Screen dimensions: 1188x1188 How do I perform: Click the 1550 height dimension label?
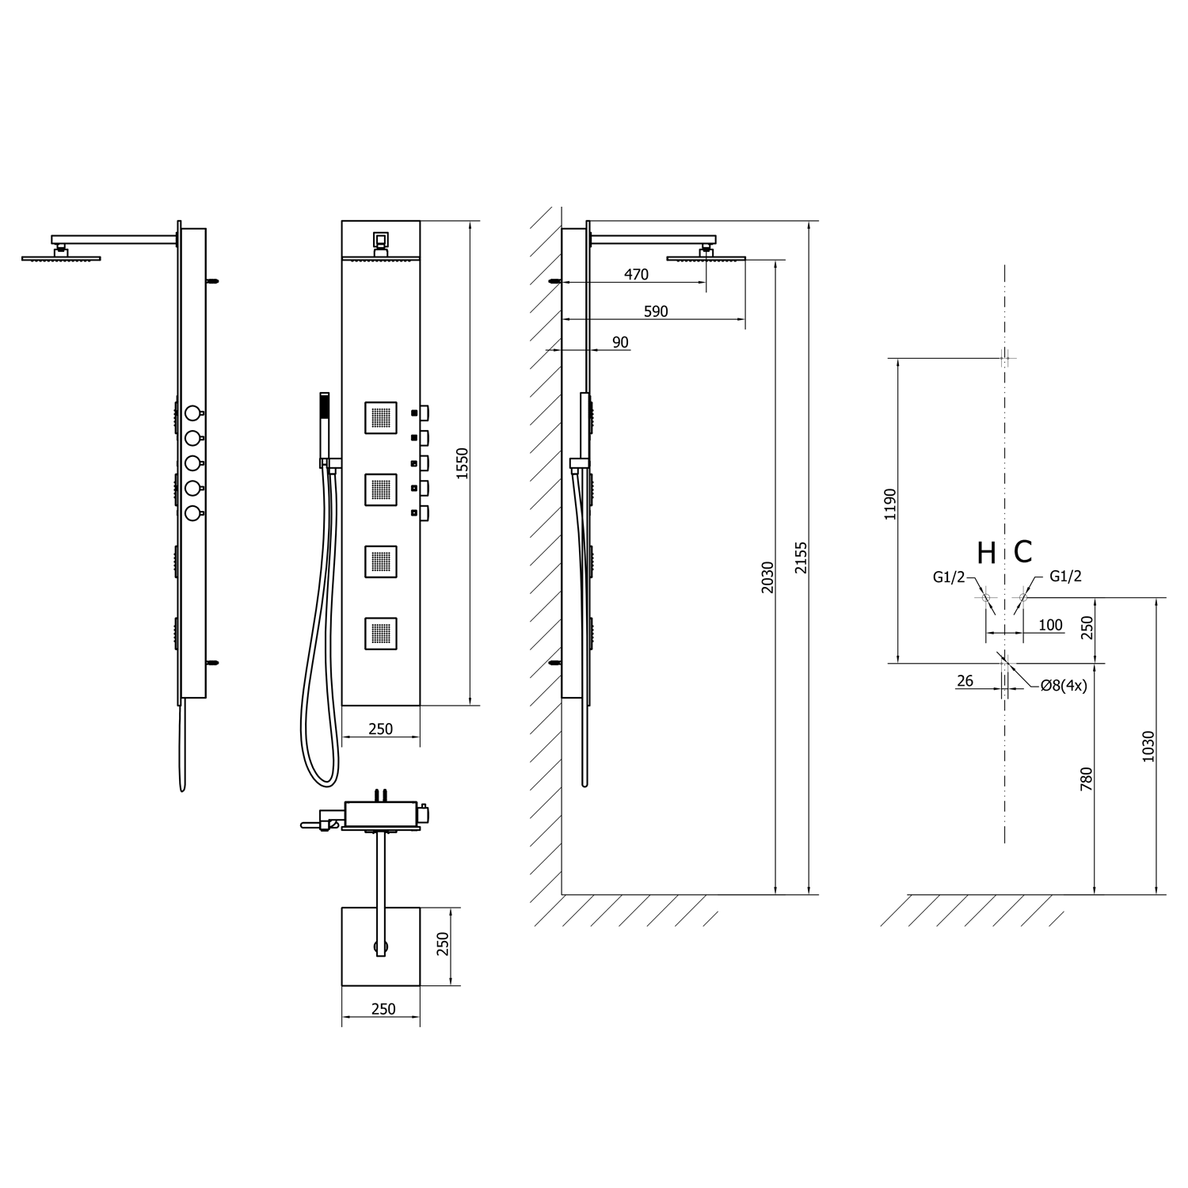463,463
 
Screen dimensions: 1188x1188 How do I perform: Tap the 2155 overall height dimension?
801,558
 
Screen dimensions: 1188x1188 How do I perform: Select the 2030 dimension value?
767,578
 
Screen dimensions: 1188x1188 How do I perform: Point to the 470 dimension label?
636,275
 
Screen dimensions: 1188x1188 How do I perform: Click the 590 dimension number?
656,311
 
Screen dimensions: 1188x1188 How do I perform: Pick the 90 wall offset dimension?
620,342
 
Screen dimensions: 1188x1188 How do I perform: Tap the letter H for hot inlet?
986,554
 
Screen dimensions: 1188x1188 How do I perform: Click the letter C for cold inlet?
1022,552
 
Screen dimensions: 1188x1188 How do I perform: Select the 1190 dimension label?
890,504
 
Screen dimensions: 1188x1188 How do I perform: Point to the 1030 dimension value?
1148,746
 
